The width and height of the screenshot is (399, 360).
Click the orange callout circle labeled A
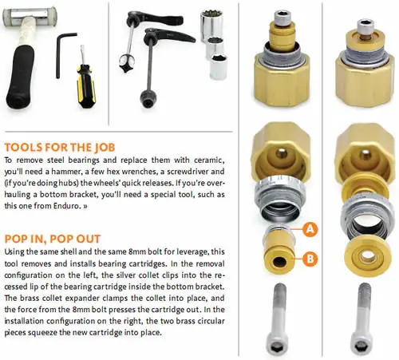coord(310,229)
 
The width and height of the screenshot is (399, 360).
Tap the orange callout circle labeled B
coord(310,259)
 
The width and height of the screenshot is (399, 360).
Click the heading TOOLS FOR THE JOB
coord(60,148)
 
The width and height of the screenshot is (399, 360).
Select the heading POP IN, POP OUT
coord(53,239)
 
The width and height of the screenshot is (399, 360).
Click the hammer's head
coord(30,17)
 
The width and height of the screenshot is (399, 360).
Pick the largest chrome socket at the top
coord(211,25)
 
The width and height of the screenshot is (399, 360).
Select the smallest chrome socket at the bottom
coord(219,66)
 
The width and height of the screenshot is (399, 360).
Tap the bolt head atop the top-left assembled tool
coord(282,18)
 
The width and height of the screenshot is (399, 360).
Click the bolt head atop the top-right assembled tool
coord(366,26)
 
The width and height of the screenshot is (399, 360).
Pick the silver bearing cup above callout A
coord(279,198)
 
